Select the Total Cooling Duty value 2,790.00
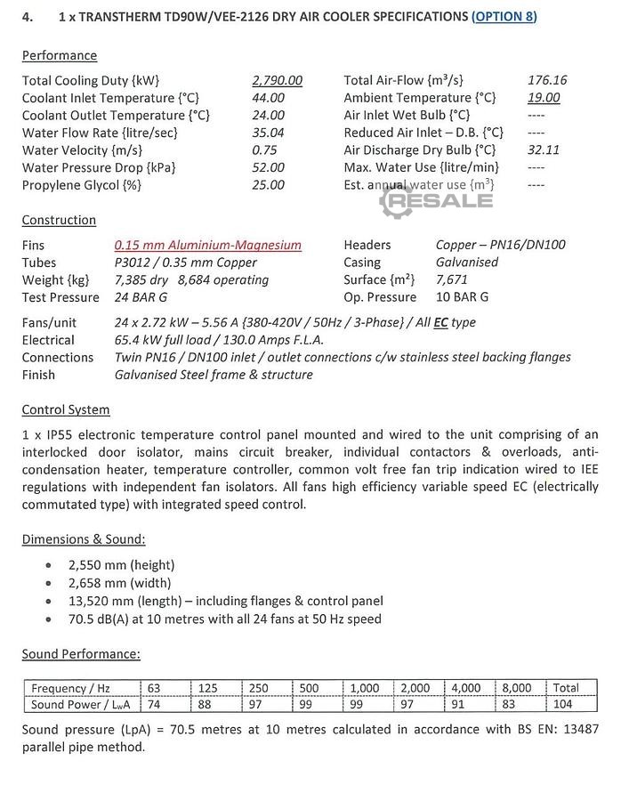pos(277,80)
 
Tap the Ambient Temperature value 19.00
pos(544,98)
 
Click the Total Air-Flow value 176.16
pos(547,80)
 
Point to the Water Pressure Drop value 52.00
pos(268,167)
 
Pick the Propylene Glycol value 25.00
pos(268,185)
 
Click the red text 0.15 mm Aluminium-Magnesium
pos(207,245)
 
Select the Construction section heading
pos(59,220)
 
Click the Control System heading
pos(66,410)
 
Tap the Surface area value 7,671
pos(452,279)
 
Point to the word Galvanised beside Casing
pos(467,263)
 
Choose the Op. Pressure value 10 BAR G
pos(462,297)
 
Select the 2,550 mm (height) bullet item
pos(121,565)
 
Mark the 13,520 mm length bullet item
pos(225,601)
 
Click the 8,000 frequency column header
pos(516,688)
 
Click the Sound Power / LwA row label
pos(79,705)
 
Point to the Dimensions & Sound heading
pos(84,539)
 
